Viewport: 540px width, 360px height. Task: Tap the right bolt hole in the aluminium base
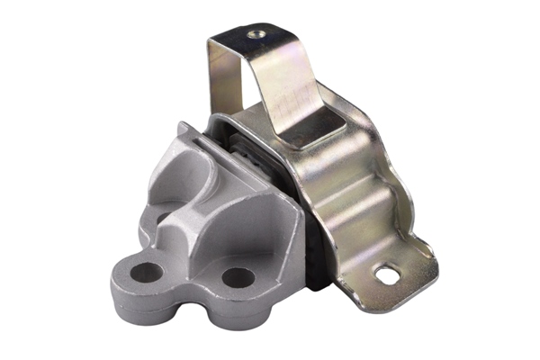click(237, 276)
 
